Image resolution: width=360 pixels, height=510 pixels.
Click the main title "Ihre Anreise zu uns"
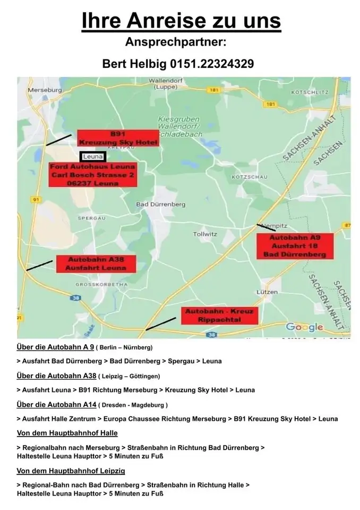[181, 21]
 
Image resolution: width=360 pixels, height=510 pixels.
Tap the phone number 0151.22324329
[212, 64]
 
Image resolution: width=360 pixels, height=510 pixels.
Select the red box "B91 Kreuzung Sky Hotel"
[117, 138]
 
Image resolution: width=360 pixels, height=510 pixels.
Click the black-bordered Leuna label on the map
[93, 157]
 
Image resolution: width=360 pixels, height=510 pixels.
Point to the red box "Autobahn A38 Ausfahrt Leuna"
[95, 264]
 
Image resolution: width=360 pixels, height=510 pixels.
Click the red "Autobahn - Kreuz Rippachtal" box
[219, 316]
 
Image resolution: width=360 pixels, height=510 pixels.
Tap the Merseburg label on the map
[44, 90]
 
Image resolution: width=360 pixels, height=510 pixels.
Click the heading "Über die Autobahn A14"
[57, 405]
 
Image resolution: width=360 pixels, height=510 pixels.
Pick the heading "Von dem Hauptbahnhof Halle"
[67, 433]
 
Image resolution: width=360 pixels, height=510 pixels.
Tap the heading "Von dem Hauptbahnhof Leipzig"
[71, 471]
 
